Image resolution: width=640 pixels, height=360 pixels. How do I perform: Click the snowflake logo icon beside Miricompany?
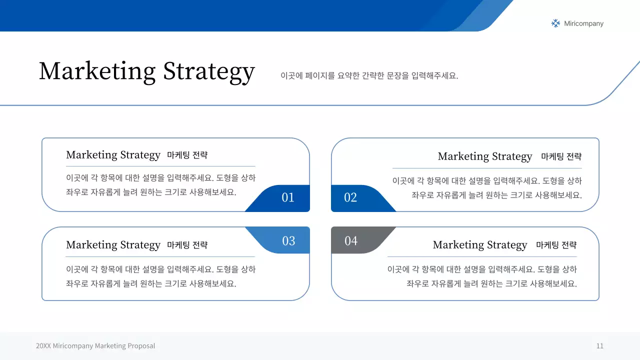click(x=555, y=23)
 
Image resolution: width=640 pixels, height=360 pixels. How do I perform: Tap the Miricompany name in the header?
click(x=583, y=23)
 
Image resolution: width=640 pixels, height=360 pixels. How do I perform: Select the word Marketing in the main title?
click(x=97, y=71)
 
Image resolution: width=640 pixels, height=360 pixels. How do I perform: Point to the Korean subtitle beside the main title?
click(x=369, y=75)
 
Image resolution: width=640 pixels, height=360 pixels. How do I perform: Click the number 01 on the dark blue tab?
click(x=287, y=197)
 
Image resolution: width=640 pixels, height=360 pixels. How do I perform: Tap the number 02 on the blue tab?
click(x=350, y=197)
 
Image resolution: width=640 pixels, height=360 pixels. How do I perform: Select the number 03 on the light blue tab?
click(x=288, y=241)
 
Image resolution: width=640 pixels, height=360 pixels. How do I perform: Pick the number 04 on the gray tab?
click(x=351, y=241)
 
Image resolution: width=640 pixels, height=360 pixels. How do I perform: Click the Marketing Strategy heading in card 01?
click(x=113, y=155)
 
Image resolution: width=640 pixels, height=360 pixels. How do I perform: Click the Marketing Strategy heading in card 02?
click(x=485, y=156)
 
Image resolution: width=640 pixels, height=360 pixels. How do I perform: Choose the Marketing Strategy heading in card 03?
click(x=113, y=245)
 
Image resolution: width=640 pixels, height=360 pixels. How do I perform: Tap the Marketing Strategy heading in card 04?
click(x=479, y=245)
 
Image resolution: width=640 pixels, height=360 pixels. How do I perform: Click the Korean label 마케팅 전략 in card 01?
click(x=187, y=155)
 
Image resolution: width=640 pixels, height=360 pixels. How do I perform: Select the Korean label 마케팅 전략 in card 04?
click(x=556, y=245)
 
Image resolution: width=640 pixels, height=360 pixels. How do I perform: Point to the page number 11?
click(x=599, y=346)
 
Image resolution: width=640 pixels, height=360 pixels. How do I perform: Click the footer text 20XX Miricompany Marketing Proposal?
click(x=95, y=346)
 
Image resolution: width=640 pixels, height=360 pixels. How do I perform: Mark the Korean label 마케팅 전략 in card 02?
click(x=561, y=156)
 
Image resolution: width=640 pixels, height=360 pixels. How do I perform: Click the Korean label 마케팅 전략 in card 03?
click(x=187, y=245)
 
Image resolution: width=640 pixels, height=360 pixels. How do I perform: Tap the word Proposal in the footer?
click(x=141, y=346)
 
